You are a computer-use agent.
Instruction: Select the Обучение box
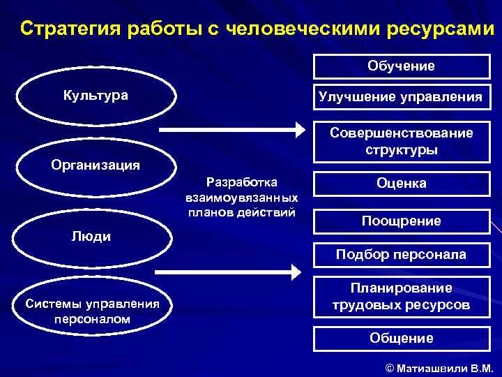click(401, 66)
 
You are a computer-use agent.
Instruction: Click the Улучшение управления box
click(401, 97)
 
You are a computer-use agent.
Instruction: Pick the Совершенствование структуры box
click(401, 142)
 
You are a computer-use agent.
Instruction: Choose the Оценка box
click(401, 184)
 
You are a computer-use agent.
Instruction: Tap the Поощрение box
click(401, 221)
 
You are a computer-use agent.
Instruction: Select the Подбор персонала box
click(401, 255)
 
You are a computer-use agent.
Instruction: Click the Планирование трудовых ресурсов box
click(401, 297)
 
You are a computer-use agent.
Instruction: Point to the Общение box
click(401, 339)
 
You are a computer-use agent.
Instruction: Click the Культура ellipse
click(96, 96)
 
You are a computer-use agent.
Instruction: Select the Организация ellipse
click(96, 165)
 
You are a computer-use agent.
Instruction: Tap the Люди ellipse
click(91, 237)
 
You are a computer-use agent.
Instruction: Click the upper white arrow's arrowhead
click(301, 130)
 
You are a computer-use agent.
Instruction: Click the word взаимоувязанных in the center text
click(237, 198)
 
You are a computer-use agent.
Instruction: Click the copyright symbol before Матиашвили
click(389, 368)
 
